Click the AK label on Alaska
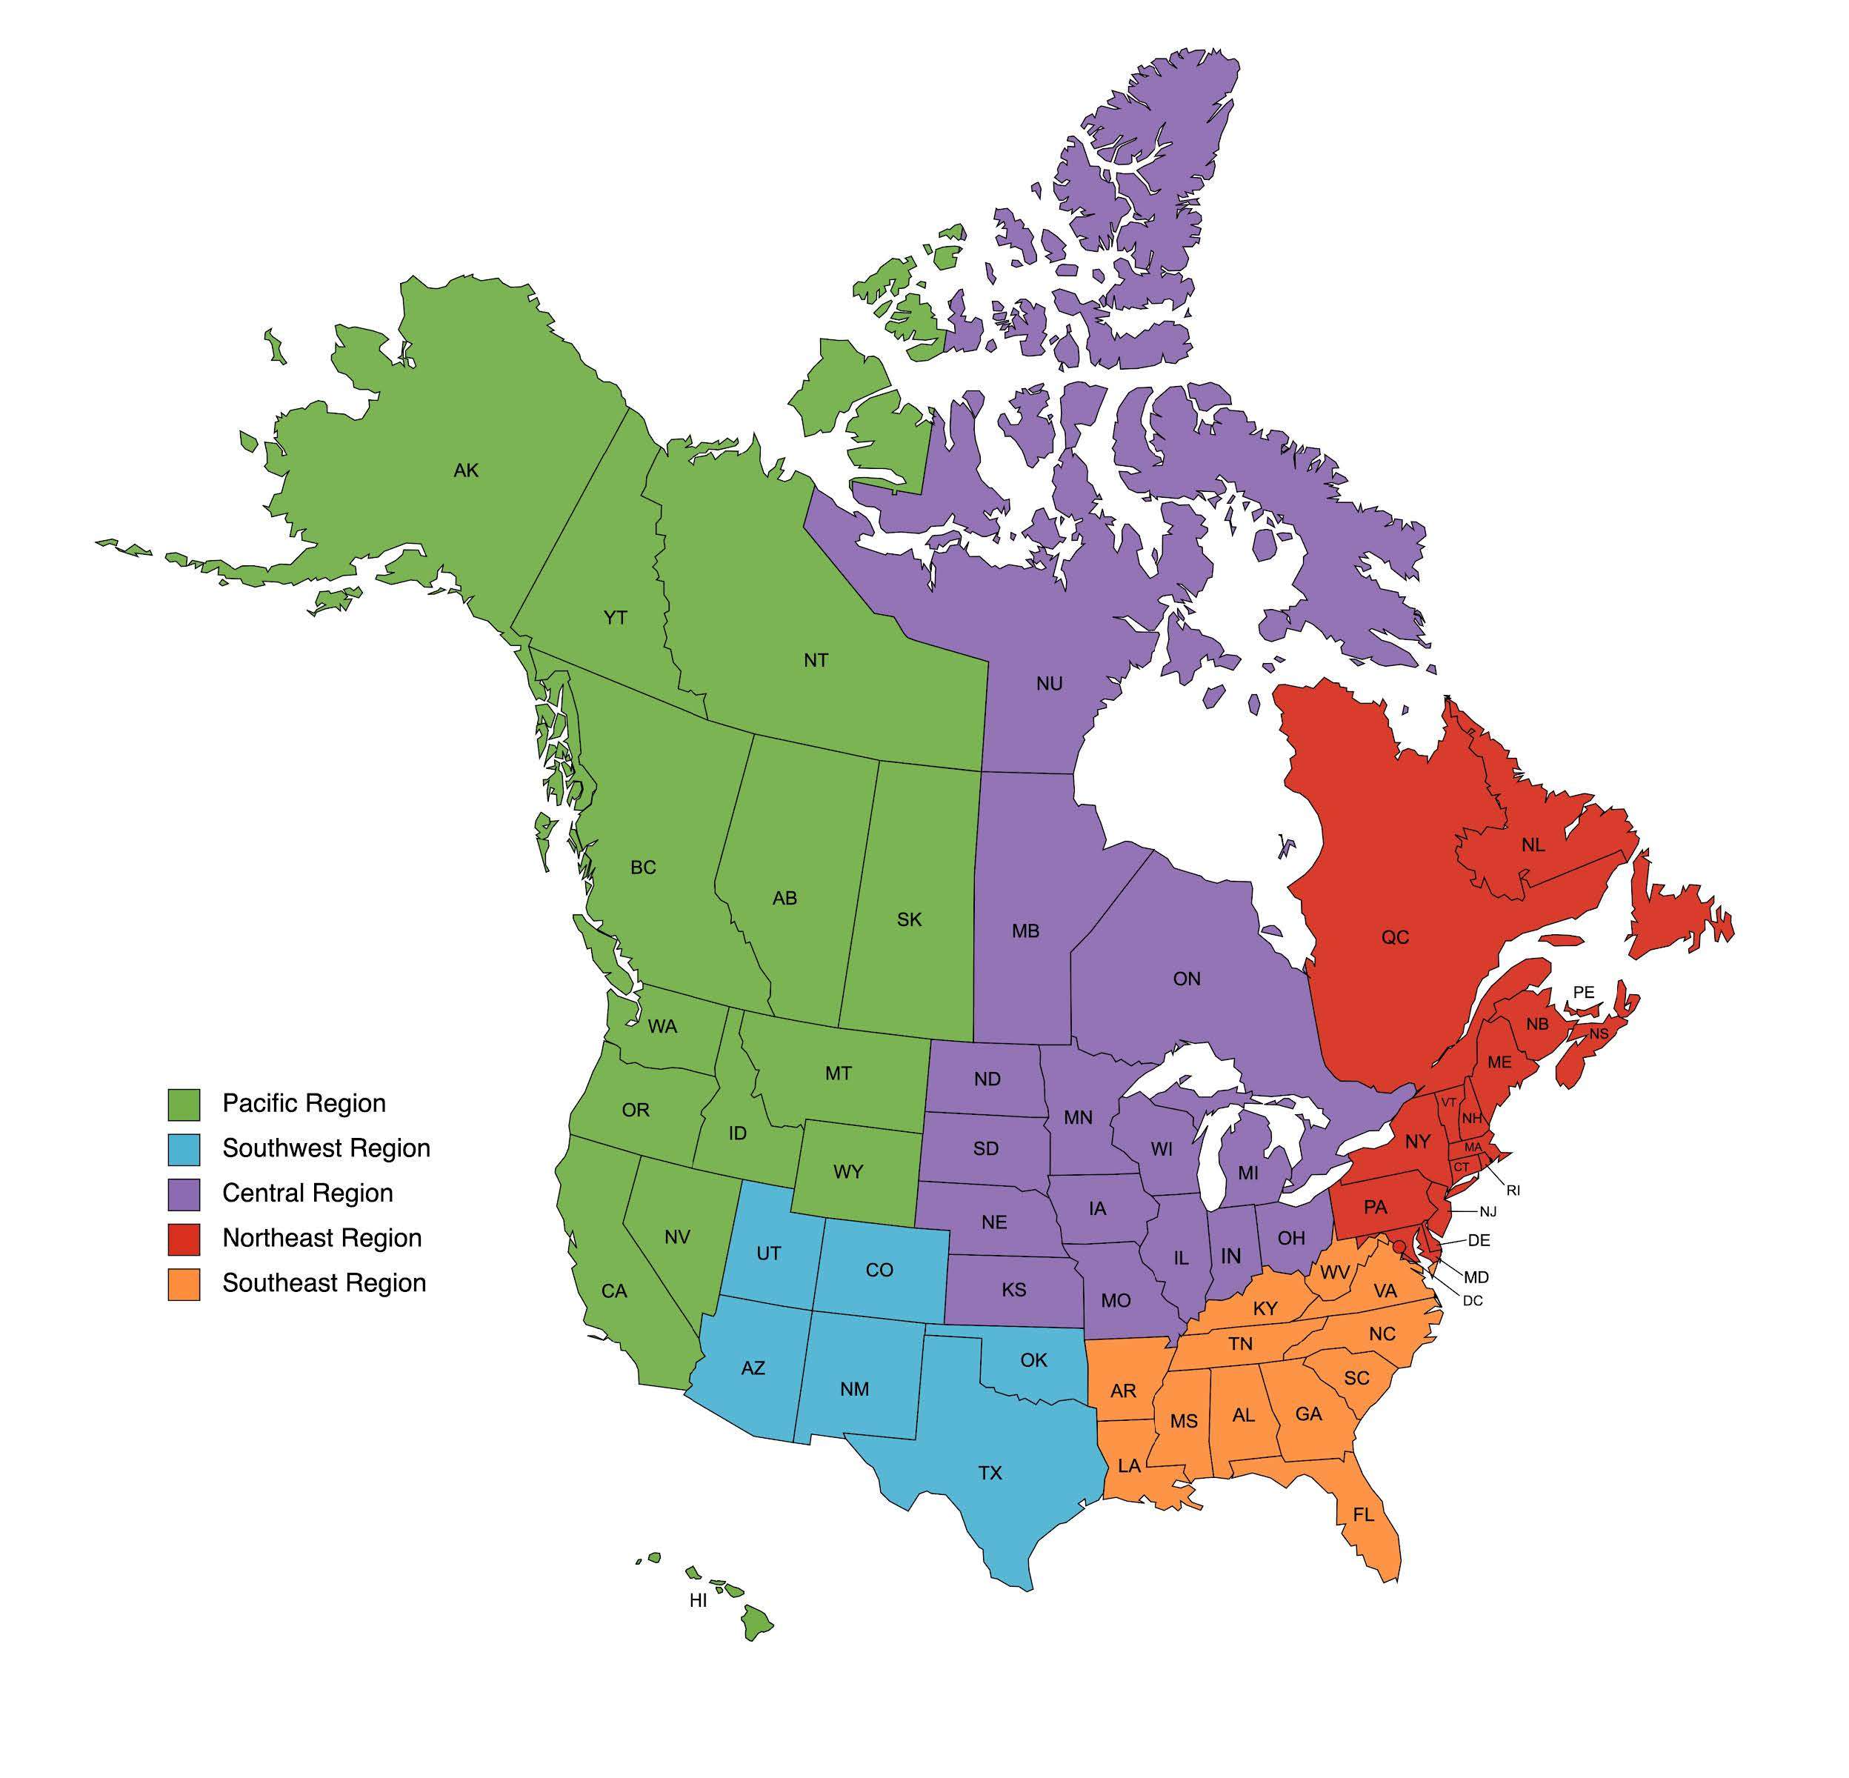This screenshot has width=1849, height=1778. [466, 470]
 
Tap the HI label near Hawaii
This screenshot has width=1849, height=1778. [698, 1601]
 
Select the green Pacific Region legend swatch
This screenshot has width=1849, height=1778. [184, 1105]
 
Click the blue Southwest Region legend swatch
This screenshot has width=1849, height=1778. [184, 1149]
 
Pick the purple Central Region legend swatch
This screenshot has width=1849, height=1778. [184, 1194]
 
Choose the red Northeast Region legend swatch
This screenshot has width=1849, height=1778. [184, 1239]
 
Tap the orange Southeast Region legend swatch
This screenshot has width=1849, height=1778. [184, 1284]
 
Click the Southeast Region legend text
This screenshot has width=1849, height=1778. [324, 1283]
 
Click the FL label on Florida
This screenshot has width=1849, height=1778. [1363, 1515]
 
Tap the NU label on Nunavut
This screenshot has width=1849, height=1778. [1049, 684]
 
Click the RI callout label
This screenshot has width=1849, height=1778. [1514, 1191]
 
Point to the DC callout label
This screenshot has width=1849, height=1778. [1473, 1301]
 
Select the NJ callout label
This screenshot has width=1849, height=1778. [1489, 1211]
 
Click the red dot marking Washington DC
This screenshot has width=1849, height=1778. [1398, 1247]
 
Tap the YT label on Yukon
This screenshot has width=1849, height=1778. [615, 618]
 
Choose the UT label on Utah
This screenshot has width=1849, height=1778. [769, 1253]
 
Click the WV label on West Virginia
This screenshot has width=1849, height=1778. [1334, 1273]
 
